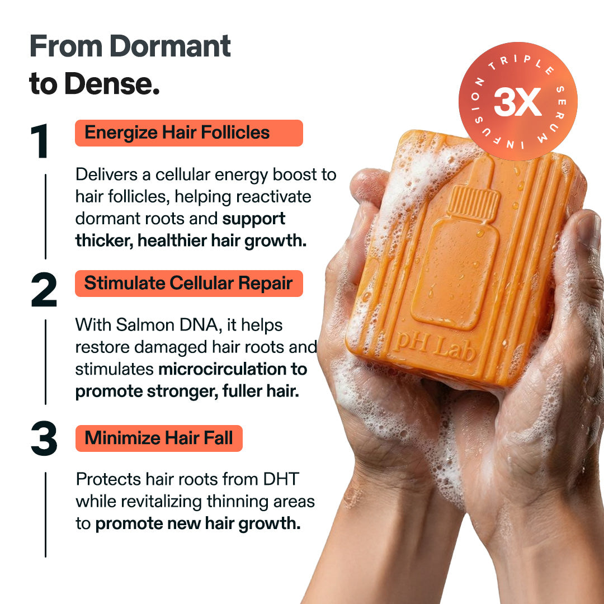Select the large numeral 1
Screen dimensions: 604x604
click(x=40, y=142)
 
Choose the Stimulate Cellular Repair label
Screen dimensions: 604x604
click(x=188, y=284)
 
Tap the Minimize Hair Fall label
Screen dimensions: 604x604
click(x=159, y=438)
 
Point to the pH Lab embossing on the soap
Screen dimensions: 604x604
click(x=434, y=350)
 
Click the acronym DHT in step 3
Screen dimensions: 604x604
click(x=275, y=479)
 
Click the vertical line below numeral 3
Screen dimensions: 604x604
click(x=45, y=515)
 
